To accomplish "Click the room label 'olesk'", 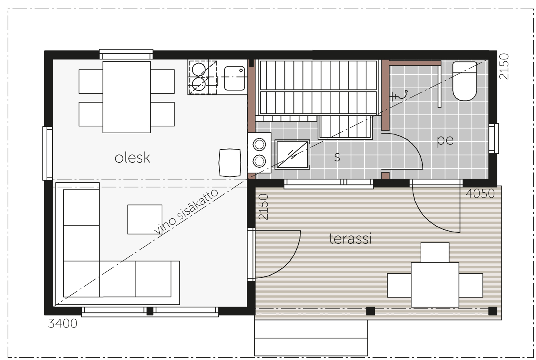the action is tap(132, 158).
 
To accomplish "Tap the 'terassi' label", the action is tap(350, 238).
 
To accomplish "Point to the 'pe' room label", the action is tap(445, 140).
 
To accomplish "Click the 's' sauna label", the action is tap(337, 157).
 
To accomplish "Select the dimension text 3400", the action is tap(63, 324).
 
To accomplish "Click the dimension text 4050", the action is tap(480, 194).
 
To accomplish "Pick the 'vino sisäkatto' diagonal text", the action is tap(186, 212).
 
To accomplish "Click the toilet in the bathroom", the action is tap(465, 81).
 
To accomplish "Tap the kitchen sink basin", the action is tap(235, 78).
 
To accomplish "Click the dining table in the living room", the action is tap(126, 97).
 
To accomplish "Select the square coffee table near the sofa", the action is tap(145, 219).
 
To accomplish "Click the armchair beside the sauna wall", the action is tap(230, 163).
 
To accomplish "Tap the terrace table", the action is tap(435, 285).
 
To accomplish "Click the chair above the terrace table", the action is tap(435, 252).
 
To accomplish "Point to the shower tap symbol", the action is tap(399, 95).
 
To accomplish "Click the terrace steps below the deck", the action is tap(311, 338).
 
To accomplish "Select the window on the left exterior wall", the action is tap(48, 153).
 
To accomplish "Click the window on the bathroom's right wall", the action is tap(493, 138).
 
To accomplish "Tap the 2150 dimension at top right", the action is tap(504, 66).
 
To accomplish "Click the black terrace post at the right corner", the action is tap(493, 311).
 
